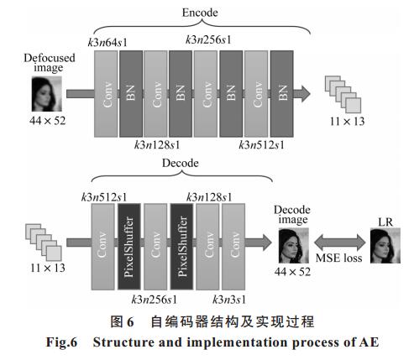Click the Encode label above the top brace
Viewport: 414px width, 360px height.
tap(200, 13)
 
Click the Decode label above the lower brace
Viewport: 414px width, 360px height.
tap(181, 163)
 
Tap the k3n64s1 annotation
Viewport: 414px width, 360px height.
tap(107, 43)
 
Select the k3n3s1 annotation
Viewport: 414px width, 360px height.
tap(229, 300)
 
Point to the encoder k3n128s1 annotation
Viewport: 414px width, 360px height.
tap(157, 145)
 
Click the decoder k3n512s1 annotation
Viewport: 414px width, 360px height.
tap(104, 197)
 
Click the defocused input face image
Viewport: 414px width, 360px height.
tap(47, 94)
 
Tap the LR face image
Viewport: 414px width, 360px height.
tap(385, 246)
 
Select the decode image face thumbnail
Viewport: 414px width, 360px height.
tap(294, 246)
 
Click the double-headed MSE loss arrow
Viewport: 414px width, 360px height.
tap(339, 243)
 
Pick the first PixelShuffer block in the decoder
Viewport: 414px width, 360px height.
tap(129, 247)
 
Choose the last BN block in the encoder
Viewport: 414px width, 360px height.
tap(282, 94)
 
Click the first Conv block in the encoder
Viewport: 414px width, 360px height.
tap(106, 94)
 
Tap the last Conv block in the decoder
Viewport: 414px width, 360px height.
tap(233, 247)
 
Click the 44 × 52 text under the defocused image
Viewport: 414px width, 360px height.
tap(47, 121)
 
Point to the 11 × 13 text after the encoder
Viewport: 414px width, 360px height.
tap(347, 122)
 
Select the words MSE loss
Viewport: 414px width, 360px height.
tap(339, 258)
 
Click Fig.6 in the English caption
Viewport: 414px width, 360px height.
tap(61, 342)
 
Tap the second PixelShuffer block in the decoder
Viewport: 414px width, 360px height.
tap(181, 247)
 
